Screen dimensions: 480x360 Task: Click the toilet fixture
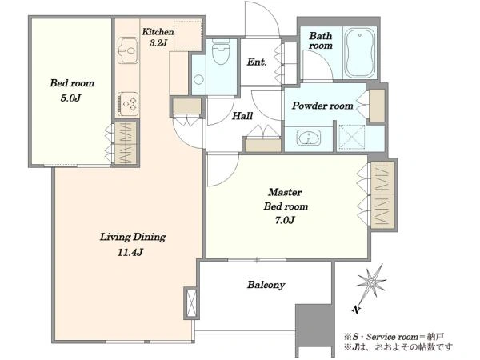[x=221, y=51]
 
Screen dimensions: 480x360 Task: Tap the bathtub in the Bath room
[x=360, y=53]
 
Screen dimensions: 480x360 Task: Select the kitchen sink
[x=128, y=50]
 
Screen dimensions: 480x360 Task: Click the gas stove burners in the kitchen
[x=128, y=104]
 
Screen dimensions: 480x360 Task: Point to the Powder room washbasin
[x=309, y=138]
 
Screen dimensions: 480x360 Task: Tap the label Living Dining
[x=133, y=237]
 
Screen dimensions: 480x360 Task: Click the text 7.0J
[x=285, y=220]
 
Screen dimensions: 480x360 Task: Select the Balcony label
[x=266, y=285]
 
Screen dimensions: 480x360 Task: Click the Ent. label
[x=257, y=62]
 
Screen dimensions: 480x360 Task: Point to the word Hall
[x=242, y=116]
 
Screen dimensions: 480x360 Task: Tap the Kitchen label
[x=158, y=31]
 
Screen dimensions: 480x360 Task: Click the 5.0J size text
[x=70, y=98]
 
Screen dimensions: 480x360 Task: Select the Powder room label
[x=322, y=106]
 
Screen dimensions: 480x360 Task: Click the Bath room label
[x=321, y=41]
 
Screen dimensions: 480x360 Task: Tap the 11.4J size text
[x=130, y=253]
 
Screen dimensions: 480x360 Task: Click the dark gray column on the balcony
[x=314, y=330]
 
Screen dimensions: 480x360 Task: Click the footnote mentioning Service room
[x=394, y=337]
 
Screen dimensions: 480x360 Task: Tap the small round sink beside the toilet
[x=198, y=79]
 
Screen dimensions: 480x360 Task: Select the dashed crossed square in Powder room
[x=352, y=138]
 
